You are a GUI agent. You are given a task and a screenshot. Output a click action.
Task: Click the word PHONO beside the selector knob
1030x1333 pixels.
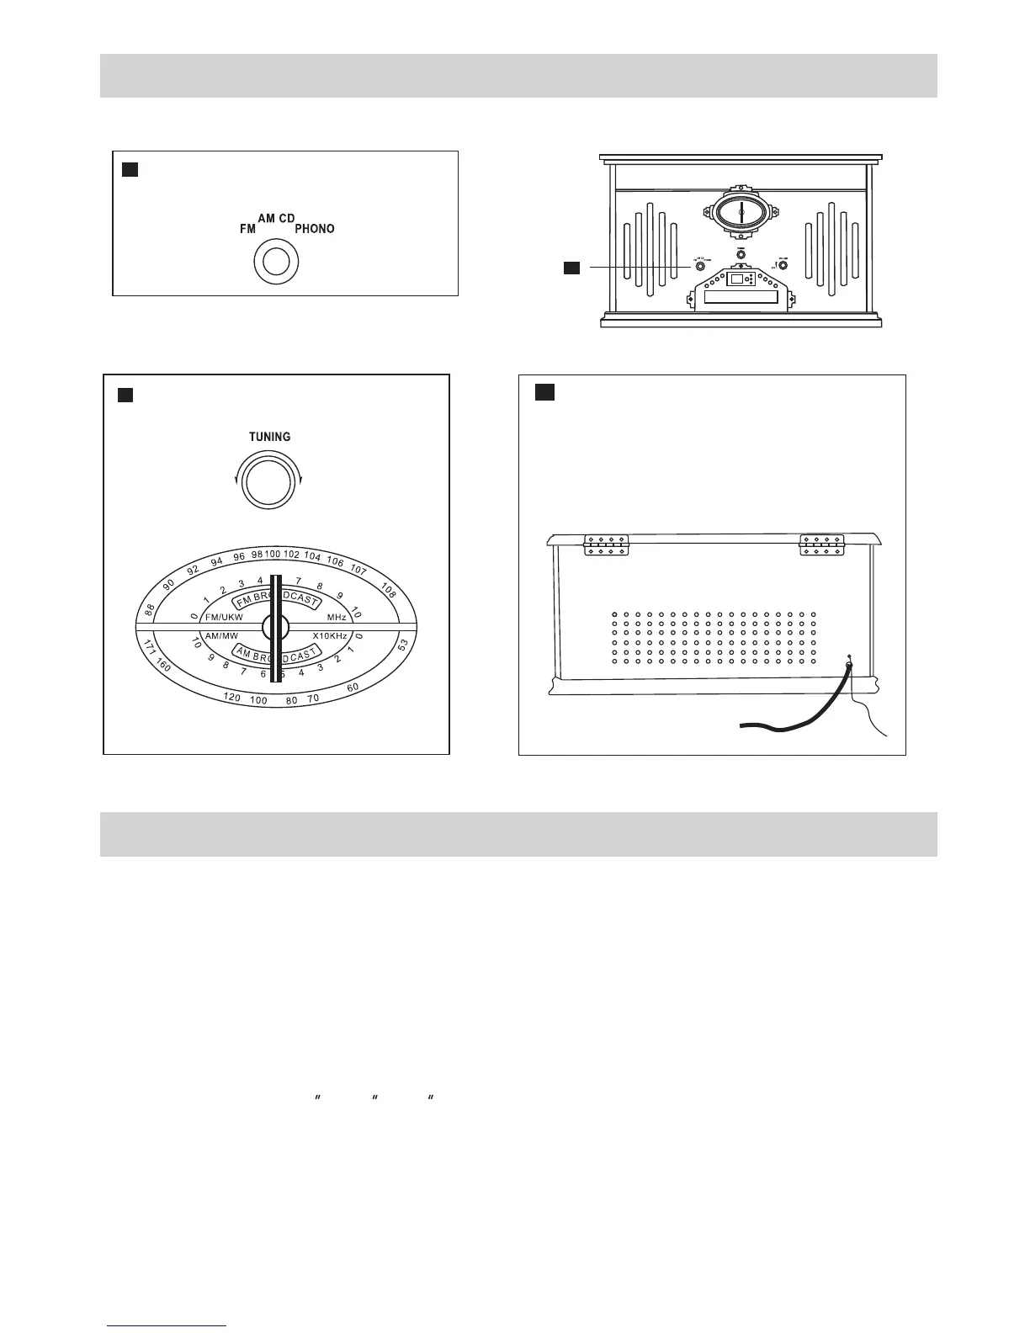[x=314, y=229]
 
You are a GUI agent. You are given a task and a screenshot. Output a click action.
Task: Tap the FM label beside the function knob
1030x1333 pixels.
[x=247, y=229]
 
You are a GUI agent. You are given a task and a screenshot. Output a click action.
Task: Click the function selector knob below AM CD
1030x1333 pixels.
[x=275, y=263]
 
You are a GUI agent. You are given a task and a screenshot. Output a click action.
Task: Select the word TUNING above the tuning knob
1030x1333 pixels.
[x=269, y=437]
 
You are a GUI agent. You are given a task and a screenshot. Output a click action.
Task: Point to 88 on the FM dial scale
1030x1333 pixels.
[x=151, y=609]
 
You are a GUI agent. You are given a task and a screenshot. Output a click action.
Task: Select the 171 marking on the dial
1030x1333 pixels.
[x=148, y=647]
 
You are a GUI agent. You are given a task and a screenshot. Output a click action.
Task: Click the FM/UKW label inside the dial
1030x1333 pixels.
[x=224, y=618]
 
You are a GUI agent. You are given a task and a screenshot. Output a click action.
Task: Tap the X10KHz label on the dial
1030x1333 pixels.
[x=330, y=635]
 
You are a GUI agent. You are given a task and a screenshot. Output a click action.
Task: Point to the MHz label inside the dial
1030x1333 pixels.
[x=337, y=618]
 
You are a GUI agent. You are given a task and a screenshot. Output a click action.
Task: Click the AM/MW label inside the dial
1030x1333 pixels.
[x=221, y=635]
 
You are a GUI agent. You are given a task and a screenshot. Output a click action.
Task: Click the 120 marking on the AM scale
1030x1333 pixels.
[x=233, y=698]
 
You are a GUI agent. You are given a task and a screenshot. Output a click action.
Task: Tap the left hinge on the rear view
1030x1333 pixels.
[x=607, y=544]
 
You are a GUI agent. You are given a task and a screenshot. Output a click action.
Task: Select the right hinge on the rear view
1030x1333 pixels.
[x=822, y=544]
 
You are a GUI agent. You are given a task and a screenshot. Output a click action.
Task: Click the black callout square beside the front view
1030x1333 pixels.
[x=572, y=268]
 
